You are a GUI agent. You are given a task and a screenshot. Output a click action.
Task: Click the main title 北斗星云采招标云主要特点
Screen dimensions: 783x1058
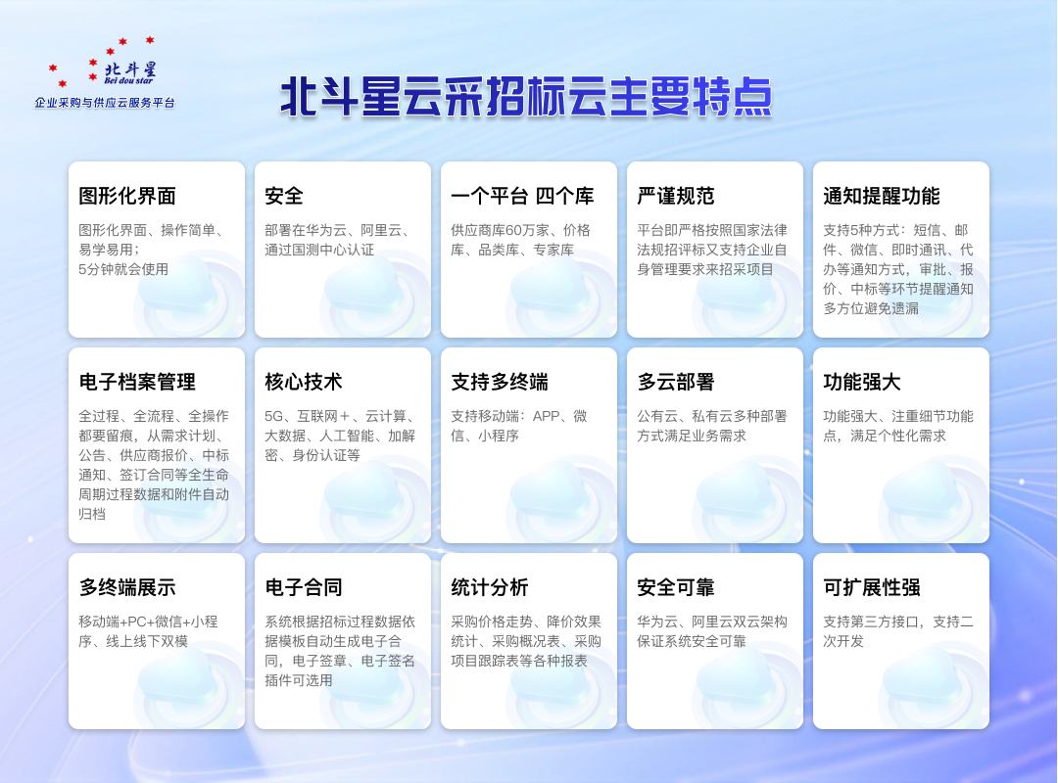point(526,98)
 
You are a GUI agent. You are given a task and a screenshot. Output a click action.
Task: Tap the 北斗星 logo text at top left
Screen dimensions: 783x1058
point(129,70)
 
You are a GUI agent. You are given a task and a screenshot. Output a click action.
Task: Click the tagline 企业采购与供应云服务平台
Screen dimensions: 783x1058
point(105,102)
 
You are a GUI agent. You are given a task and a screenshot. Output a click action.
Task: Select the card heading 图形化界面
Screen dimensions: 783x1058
point(127,196)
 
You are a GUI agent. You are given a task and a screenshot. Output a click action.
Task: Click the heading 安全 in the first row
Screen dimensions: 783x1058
point(284,196)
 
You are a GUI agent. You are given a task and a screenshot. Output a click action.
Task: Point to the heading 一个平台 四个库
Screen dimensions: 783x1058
point(522,196)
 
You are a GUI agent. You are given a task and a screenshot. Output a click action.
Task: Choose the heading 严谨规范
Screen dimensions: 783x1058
point(676,196)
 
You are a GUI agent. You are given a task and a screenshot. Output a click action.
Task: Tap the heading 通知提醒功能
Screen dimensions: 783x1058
point(882,196)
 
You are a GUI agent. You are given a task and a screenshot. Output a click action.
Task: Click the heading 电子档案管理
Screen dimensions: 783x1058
point(137,382)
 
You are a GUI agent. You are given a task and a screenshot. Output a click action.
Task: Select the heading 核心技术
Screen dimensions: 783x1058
point(304,382)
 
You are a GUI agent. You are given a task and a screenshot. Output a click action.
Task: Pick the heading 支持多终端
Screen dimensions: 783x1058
point(500,382)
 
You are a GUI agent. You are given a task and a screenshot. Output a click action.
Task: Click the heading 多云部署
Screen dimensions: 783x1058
point(676,382)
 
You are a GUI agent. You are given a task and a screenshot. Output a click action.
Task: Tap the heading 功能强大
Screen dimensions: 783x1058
point(862,382)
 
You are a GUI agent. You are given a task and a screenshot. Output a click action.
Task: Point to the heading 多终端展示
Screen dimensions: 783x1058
point(127,587)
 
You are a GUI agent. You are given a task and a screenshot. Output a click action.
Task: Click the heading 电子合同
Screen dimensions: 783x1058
point(304,587)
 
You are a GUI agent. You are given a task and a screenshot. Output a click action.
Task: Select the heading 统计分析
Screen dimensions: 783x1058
point(490,587)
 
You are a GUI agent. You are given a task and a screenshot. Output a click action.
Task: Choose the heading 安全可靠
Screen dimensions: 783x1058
point(676,587)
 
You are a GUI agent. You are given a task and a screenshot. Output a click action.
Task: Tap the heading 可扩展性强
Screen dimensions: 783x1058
point(872,587)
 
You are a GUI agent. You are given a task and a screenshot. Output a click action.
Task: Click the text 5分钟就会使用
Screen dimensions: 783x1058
point(123,269)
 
